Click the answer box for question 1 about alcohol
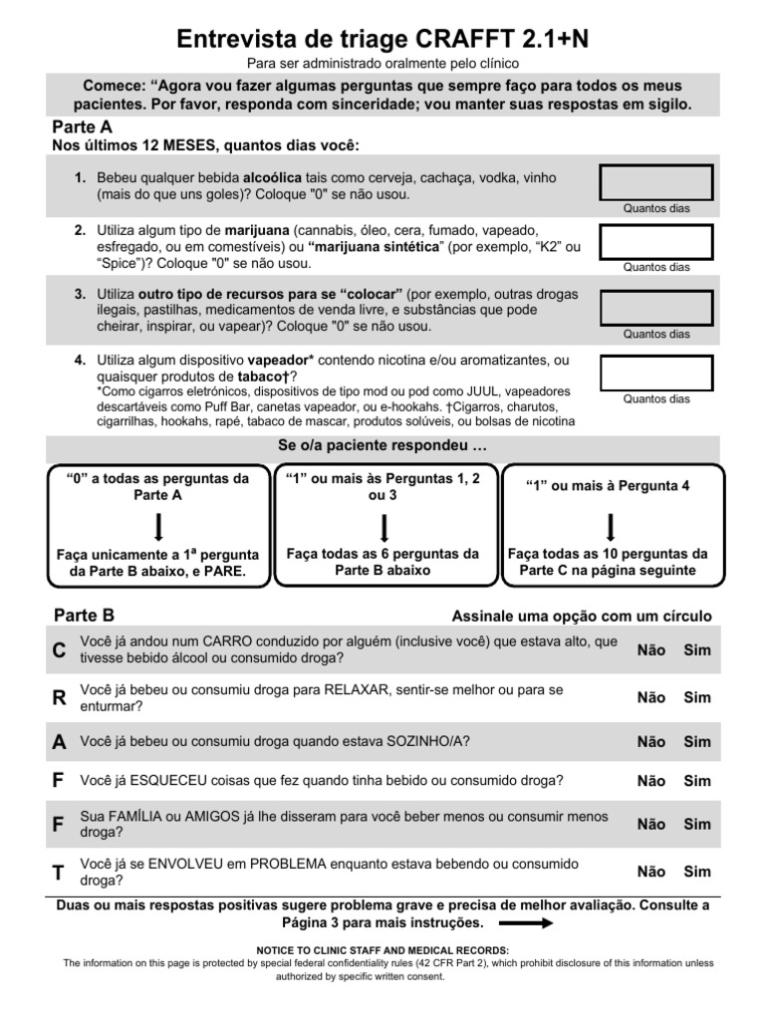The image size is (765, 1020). (x=655, y=183)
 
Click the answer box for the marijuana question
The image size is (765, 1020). (x=655, y=242)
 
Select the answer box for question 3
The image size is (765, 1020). (x=655, y=309)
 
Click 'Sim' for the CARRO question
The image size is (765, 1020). (x=697, y=649)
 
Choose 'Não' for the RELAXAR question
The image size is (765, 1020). (x=651, y=697)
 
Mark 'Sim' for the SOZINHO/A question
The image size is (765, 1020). (x=697, y=741)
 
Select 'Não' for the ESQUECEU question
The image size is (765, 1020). (x=651, y=780)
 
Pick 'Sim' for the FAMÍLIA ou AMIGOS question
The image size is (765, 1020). (x=697, y=824)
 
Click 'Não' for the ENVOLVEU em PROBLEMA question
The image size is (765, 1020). (x=651, y=872)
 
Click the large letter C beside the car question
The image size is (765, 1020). (x=59, y=650)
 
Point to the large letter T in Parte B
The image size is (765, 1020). (x=59, y=873)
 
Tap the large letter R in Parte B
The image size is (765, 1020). (x=59, y=698)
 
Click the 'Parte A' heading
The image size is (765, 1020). (x=82, y=127)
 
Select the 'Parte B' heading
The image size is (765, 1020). (x=84, y=616)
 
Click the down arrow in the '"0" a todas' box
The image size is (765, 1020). (x=158, y=526)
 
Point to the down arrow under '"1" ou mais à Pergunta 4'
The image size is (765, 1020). (x=611, y=526)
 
